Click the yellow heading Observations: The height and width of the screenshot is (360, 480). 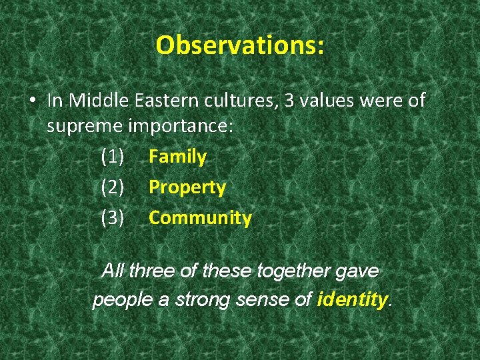click(x=240, y=45)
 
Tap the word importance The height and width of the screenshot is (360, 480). click(x=179, y=127)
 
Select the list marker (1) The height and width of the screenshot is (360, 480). click(x=113, y=157)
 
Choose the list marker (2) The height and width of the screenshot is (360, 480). click(x=113, y=188)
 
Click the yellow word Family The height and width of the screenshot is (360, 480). click(x=177, y=157)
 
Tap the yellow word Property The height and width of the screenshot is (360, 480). click(x=187, y=188)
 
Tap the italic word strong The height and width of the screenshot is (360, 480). click(x=203, y=300)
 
